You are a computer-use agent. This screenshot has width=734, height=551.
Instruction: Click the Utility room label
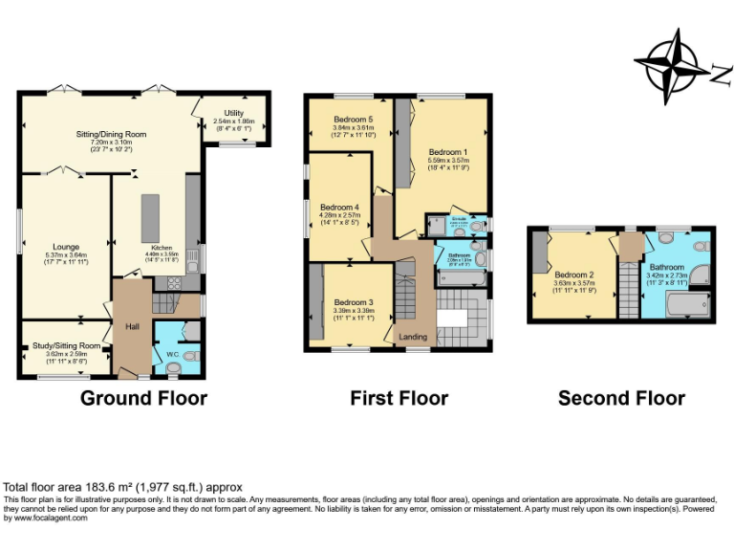(234, 113)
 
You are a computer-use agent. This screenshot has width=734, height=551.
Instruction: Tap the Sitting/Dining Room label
(111, 134)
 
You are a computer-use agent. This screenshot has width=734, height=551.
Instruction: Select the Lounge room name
(67, 247)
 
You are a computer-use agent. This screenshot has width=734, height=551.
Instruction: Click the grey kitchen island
(150, 218)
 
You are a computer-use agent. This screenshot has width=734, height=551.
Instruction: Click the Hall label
(132, 325)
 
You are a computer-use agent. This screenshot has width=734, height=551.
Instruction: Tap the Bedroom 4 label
(339, 207)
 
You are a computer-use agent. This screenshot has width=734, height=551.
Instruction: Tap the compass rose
(672, 64)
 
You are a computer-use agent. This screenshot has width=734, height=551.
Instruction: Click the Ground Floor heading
(143, 398)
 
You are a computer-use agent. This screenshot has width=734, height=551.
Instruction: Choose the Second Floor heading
(621, 398)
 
